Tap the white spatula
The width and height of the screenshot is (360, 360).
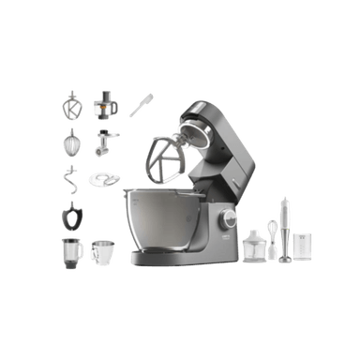coord(141,103)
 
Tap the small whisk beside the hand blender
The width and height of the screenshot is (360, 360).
coord(273,232)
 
